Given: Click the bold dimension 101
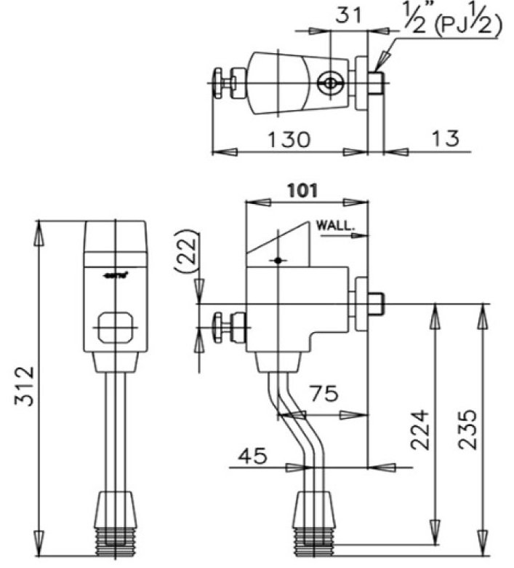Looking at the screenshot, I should pos(301,191).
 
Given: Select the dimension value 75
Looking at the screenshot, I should pos(321,395).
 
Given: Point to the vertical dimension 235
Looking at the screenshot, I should pos(470,430).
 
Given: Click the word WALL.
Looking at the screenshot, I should pos(335,226).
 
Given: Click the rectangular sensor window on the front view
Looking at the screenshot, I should pos(116,326).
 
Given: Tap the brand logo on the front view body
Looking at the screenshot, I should pos(116,275).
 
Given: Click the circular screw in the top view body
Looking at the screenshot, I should pos(331,83).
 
